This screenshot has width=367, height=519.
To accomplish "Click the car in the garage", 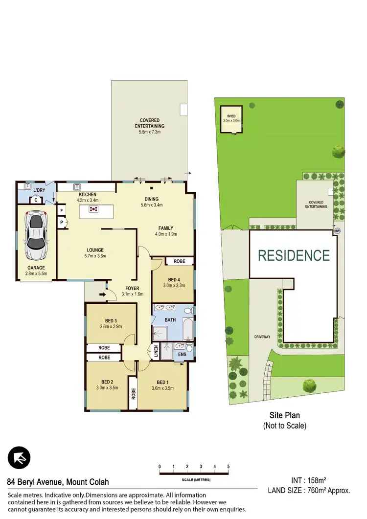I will click(36, 235).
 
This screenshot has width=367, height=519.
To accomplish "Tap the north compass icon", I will click(19, 458).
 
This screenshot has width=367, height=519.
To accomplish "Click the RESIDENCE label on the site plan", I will click(294, 255).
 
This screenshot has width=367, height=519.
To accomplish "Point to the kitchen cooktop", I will click(93, 209).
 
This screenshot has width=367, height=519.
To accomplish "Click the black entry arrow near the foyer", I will click(103, 294).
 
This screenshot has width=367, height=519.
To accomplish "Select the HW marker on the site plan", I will click(337, 231).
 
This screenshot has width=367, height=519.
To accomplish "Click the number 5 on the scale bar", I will click(229, 467).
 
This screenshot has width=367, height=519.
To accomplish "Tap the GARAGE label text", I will click(36, 268).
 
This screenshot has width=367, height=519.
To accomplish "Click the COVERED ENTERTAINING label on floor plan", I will click(149, 123).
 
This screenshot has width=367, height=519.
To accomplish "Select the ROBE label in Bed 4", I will click(180, 261).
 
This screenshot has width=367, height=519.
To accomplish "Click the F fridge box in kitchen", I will click(62, 211).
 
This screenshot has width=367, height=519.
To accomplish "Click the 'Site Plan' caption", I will click(284, 415).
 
